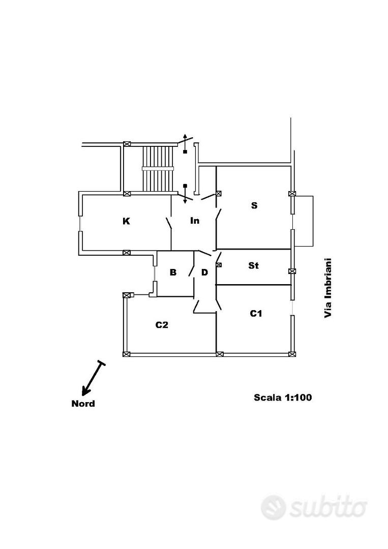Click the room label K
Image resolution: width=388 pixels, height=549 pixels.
coord(127,221)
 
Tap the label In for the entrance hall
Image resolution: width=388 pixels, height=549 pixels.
coord(195,221)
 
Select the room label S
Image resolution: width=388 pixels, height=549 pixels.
coord(254,205)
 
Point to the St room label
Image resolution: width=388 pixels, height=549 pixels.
coord(254,266)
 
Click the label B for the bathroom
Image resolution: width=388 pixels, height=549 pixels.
coord(173,272)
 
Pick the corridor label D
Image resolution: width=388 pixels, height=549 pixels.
coord(204,272)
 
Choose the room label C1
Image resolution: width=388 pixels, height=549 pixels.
coord(256,313)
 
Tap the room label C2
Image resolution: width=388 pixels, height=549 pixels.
coord(162,325)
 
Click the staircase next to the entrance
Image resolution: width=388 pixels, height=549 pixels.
coord(158,169)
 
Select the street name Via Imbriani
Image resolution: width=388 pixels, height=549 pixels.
coord(328,288)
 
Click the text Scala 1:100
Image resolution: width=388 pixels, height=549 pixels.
coord(283,398)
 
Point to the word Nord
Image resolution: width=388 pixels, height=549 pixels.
coord(83,404)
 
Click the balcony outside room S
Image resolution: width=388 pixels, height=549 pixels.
coord(303,221)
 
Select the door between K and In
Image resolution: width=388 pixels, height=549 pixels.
coord(169,223)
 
